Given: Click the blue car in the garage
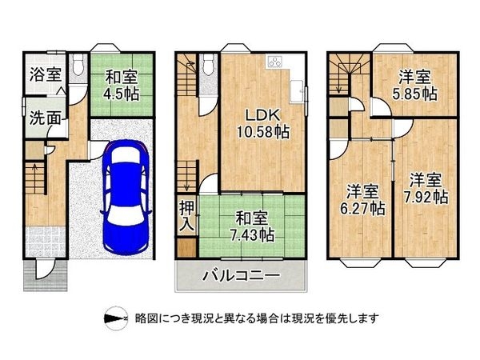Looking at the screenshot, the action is [126, 197].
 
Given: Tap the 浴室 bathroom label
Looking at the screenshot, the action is [46, 74].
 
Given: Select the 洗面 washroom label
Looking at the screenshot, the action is [46, 118].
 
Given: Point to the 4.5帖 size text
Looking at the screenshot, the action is [122, 94].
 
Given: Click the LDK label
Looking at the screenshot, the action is [263, 115].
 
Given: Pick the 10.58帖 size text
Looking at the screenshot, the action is [263, 132].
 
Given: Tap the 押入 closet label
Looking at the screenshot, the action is [186, 215].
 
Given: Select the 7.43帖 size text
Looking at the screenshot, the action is [252, 234].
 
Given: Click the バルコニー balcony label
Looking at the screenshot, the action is [242, 275].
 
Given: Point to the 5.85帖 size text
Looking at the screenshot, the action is [414, 94].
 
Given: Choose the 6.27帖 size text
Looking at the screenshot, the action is [362, 209].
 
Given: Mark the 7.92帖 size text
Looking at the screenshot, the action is [426, 197].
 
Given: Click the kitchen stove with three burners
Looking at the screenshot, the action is [274, 62].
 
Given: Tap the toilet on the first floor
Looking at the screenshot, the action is [78, 64].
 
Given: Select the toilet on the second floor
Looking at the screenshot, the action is [209, 64].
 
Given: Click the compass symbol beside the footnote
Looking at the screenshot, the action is [116, 318].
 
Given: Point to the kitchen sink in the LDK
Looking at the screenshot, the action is [297, 91].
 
